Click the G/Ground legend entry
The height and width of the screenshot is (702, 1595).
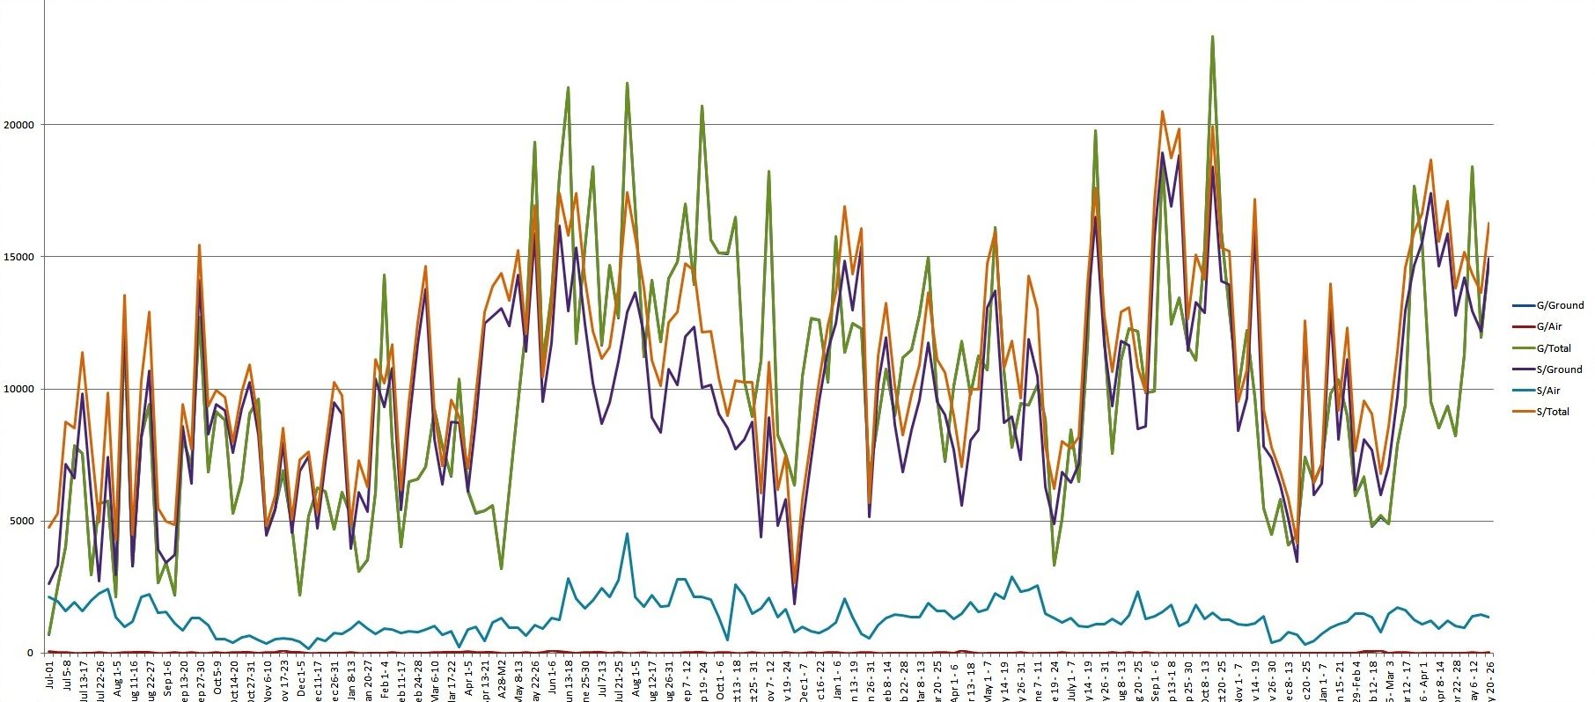coord(1559,306)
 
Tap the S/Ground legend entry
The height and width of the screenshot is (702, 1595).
coord(1559,369)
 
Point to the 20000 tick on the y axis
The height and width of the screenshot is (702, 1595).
coord(19,125)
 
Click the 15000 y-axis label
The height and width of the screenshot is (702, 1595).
coord(19,257)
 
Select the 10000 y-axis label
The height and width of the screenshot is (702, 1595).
coord(19,389)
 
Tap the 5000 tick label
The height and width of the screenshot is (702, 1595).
coord(21,521)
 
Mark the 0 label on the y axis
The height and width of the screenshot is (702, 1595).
coord(29,653)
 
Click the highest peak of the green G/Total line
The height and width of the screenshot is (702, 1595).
coord(1213,37)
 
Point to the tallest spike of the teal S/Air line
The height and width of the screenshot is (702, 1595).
coord(627,533)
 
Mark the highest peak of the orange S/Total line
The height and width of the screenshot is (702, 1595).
coord(1163,112)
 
